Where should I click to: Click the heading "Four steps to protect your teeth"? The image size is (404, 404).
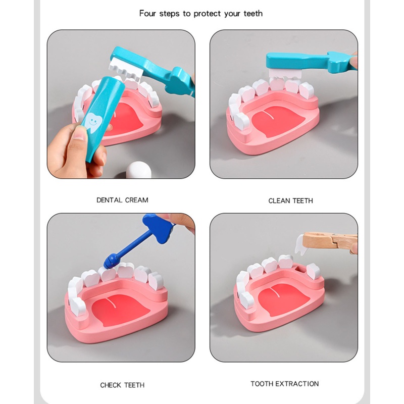click(201, 14)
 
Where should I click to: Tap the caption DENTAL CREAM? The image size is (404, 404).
click(122, 200)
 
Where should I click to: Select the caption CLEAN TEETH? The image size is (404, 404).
click(290, 200)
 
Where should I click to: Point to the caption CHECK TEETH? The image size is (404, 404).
click(122, 385)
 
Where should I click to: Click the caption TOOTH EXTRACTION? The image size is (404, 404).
click(285, 384)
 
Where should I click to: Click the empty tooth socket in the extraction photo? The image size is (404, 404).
click(298, 273)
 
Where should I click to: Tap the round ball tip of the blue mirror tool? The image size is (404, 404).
click(109, 262)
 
